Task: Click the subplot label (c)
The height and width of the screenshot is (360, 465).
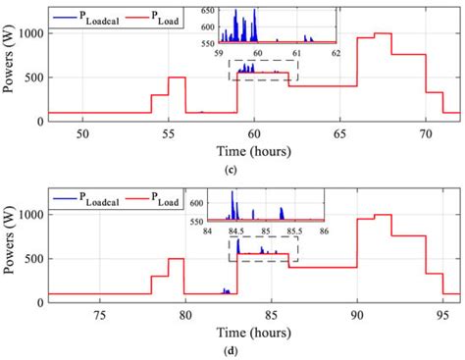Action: coord(253,170)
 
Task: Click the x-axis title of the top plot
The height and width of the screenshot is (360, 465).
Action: coord(254,150)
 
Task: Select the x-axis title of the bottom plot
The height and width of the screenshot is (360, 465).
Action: coord(254,334)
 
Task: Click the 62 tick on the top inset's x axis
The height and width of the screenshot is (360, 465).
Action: coord(333,54)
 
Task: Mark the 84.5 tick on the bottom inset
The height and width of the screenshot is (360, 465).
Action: coord(236,231)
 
